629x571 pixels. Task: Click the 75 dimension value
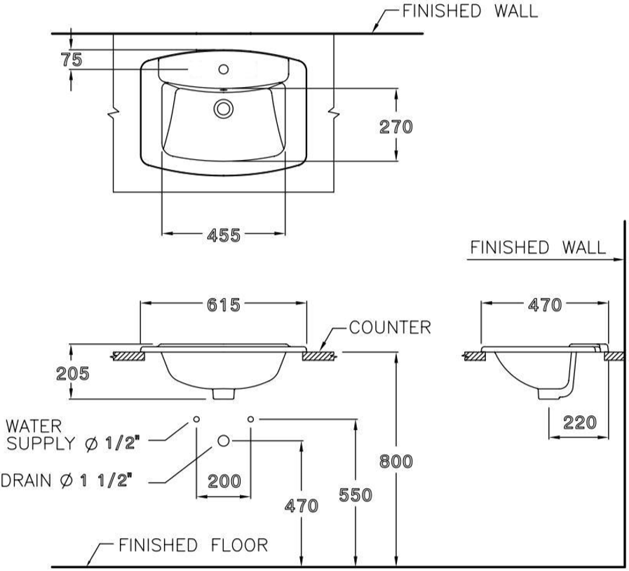click(x=72, y=60)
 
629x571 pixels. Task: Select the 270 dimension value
click(x=396, y=127)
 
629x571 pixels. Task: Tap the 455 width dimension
click(x=224, y=235)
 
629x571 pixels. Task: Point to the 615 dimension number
click(x=224, y=305)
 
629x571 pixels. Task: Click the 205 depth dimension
click(x=73, y=374)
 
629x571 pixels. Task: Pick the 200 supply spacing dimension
click(x=224, y=481)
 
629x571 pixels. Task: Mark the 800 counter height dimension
click(x=396, y=462)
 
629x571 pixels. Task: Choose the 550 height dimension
click(x=356, y=495)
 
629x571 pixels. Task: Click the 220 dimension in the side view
click(x=580, y=422)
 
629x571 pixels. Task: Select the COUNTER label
click(x=390, y=328)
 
